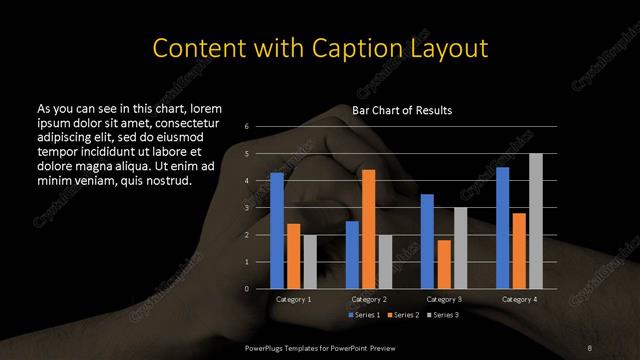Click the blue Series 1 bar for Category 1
click(277, 231)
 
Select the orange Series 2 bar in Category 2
click(368, 229)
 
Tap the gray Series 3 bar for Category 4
click(536, 221)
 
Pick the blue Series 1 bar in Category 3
click(427, 241)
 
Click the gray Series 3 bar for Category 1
click(310, 262)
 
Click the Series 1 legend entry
click(364, 315)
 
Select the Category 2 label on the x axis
click(368, 299)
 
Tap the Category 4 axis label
click(519, 299)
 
